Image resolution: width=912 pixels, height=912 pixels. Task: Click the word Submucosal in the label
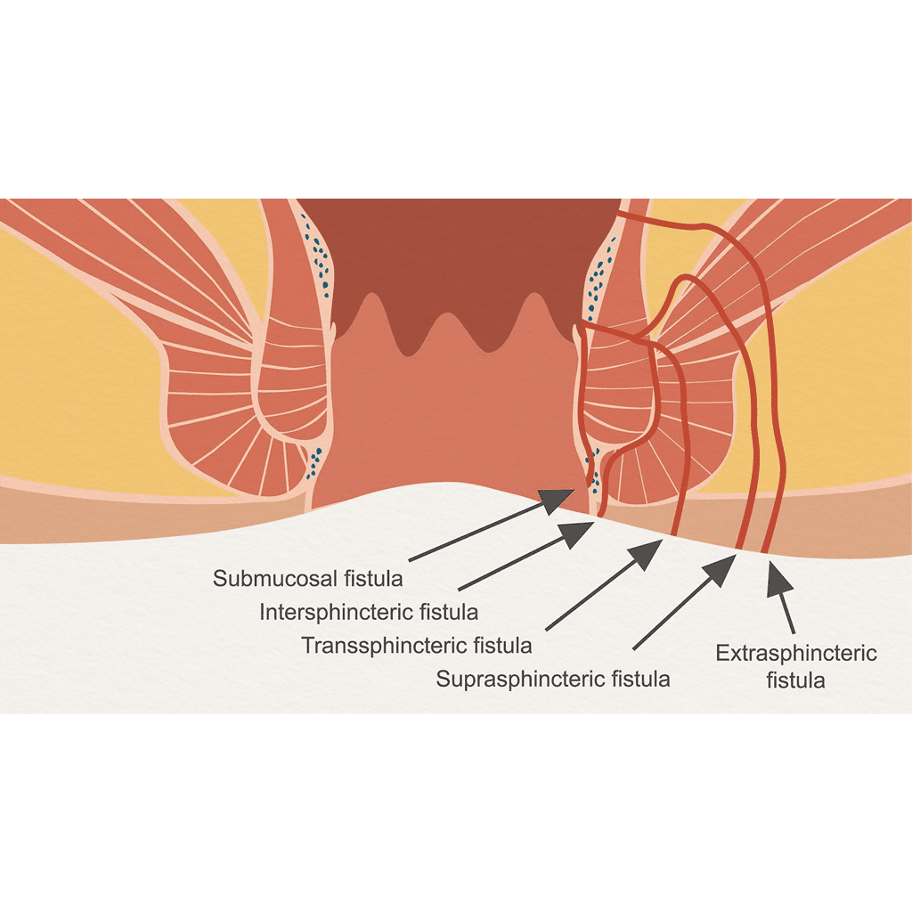[275, 579]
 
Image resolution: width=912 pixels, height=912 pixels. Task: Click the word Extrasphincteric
[796, 654]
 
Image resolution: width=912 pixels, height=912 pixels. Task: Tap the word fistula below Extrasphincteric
[795, 680]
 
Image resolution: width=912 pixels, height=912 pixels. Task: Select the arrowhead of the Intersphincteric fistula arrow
[577, 533]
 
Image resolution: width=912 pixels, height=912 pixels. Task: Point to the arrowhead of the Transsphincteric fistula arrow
[647, 554]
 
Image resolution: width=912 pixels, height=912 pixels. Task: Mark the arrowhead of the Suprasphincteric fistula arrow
[720, 569]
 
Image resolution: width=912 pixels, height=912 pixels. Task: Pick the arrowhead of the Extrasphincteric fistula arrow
[778, 578]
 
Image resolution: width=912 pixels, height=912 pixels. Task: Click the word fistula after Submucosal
[373, 579]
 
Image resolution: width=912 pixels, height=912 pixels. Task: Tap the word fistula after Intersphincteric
[449, 613]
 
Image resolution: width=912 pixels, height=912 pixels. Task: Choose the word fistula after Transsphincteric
[503, 646]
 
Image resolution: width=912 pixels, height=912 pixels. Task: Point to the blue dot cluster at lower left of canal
[314, 462]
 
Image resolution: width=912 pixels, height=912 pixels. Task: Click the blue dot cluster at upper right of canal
[599, 278]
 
